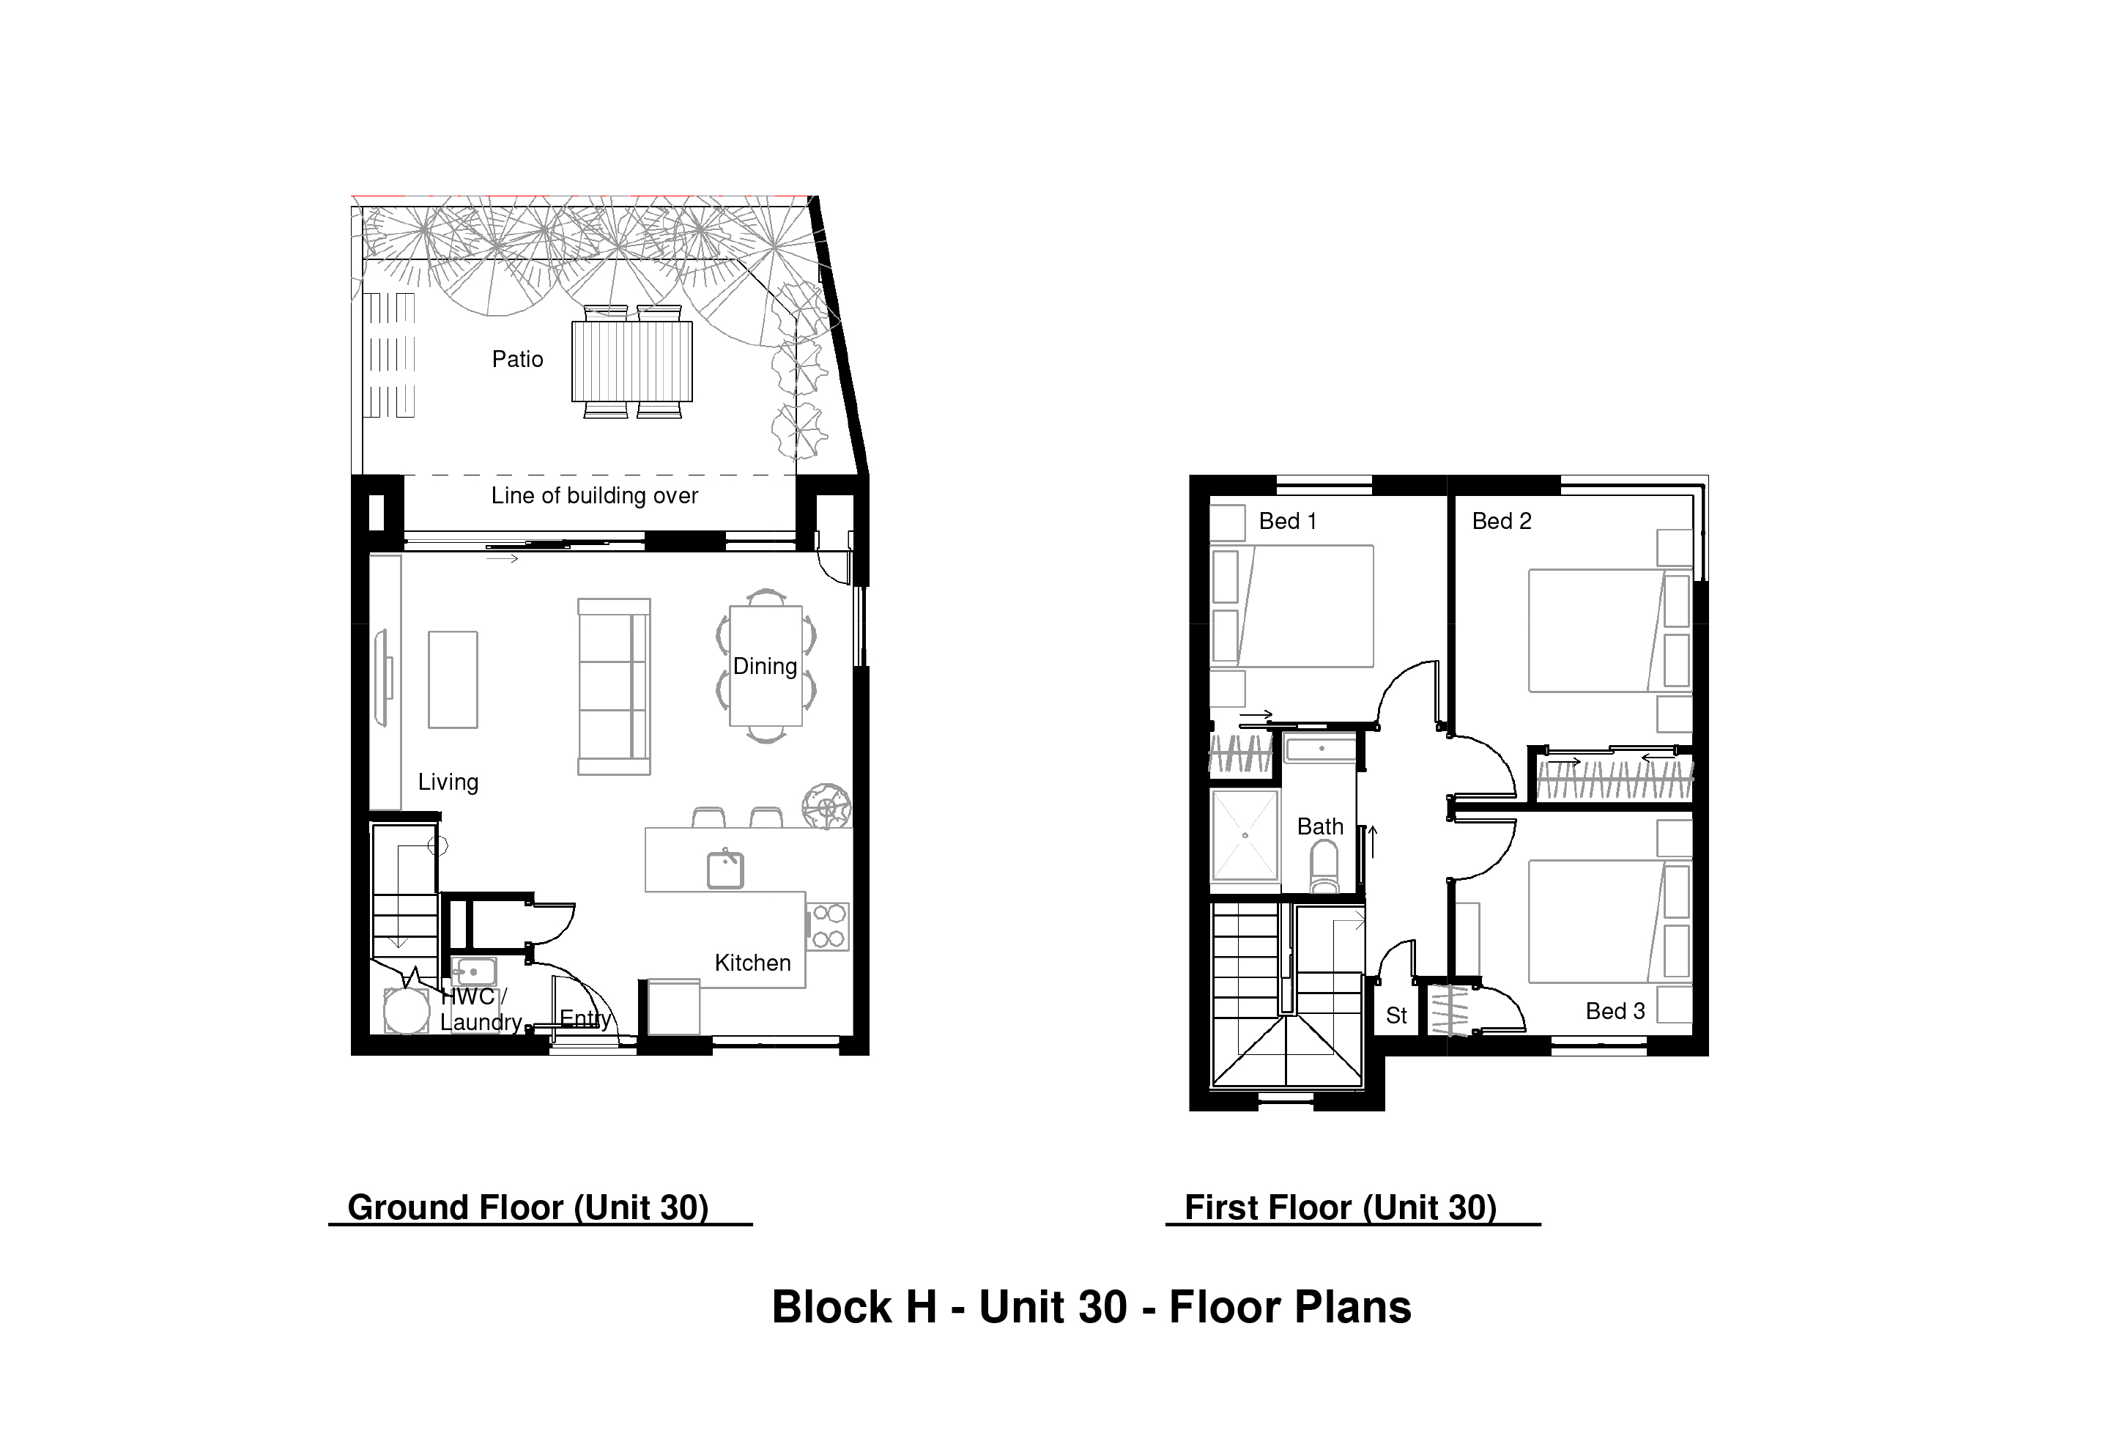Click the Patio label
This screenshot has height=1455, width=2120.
pyautogui.click(x=517, y=360)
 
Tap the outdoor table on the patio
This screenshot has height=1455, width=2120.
pyautogui.click(x=631, y=361)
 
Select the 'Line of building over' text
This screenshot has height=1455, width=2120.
pyautogui.click(x=594, y=495)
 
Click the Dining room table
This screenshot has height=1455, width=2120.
pyautogui.click(x=766, y=666)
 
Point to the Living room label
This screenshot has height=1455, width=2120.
pyautogui.click(x=448, y=782)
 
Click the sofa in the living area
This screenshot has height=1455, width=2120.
pyautogui.click(x=614, y=687)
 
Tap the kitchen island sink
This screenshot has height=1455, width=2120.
pyautogui.click(x=725, y=870)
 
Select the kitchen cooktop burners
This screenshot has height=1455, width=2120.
pyautogui.click(x=827, y=926)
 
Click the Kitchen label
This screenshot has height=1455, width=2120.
pyautogui.click(x=752, y=963)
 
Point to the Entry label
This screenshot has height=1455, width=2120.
pyautogui.click(x=585, y=1018)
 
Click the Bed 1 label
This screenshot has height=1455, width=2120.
pyautogui.click(x=1287, y=521)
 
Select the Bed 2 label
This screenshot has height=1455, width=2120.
pyautogui.click(x=1502, y=521)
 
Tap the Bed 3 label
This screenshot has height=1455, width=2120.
pyautogui.click(x=1615, y=1011)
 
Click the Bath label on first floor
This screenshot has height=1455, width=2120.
pyautogui.click(x=1320, y=826)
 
